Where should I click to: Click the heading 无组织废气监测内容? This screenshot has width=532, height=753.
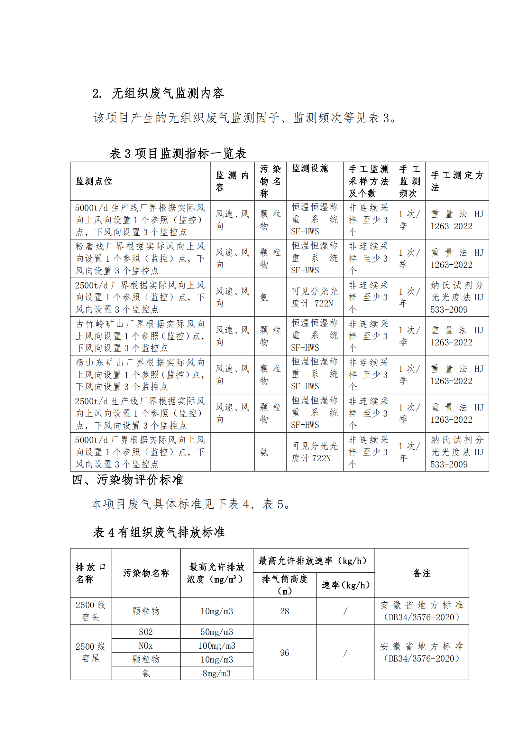167,93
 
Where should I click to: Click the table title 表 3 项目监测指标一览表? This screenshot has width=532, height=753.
178,154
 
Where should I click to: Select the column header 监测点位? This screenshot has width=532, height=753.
94,181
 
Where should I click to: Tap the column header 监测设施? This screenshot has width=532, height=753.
310,169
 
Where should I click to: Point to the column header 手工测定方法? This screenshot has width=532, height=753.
457,181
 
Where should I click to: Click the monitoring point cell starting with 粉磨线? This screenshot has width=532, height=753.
140,259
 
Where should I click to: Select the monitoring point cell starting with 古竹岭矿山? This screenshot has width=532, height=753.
140,336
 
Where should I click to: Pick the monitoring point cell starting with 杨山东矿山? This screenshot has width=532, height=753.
140,374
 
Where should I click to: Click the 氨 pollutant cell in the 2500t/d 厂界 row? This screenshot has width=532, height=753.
264,297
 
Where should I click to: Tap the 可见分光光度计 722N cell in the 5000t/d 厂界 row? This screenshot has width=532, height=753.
314,452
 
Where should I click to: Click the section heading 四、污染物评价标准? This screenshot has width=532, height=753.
127,480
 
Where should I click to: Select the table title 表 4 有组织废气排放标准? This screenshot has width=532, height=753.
159,532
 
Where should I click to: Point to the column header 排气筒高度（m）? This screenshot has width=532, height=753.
284,585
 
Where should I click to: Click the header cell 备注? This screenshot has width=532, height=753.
421,573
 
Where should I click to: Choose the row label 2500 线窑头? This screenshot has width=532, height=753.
91,611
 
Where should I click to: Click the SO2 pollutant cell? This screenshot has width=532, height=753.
146,632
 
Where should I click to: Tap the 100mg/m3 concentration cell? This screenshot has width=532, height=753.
216,646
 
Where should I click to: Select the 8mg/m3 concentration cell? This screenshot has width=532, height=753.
216,673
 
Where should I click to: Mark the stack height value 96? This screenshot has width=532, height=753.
284,653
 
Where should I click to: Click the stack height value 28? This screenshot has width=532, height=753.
284,611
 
